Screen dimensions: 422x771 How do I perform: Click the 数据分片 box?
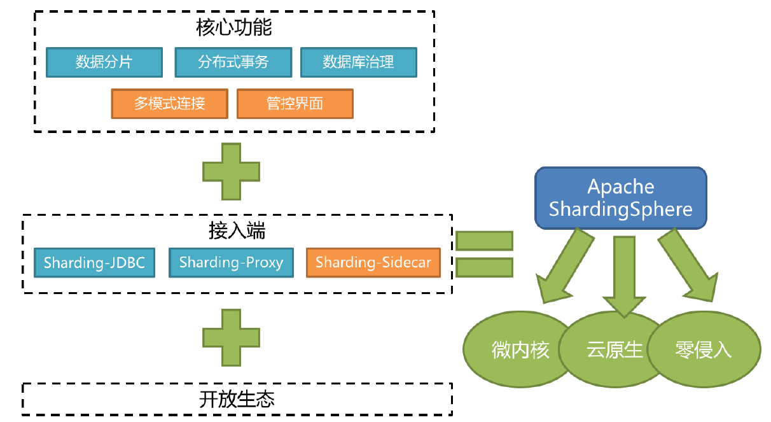104,62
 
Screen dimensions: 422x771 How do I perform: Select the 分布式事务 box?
233,62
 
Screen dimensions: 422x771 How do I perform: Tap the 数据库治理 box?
358,62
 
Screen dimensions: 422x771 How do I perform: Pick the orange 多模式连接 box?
169,104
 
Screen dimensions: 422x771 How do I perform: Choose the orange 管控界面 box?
295,104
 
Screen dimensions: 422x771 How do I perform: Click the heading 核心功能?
234,29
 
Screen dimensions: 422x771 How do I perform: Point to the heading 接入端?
237,230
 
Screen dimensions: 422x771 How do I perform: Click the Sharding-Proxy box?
231,262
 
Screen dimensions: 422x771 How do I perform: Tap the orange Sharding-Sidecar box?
373,262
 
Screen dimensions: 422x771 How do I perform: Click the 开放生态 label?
237,399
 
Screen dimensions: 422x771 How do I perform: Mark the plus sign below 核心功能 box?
231,171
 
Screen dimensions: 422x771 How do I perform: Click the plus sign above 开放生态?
231,337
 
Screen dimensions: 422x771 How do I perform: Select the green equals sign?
485,254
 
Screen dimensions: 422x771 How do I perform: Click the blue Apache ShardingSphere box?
620,199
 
